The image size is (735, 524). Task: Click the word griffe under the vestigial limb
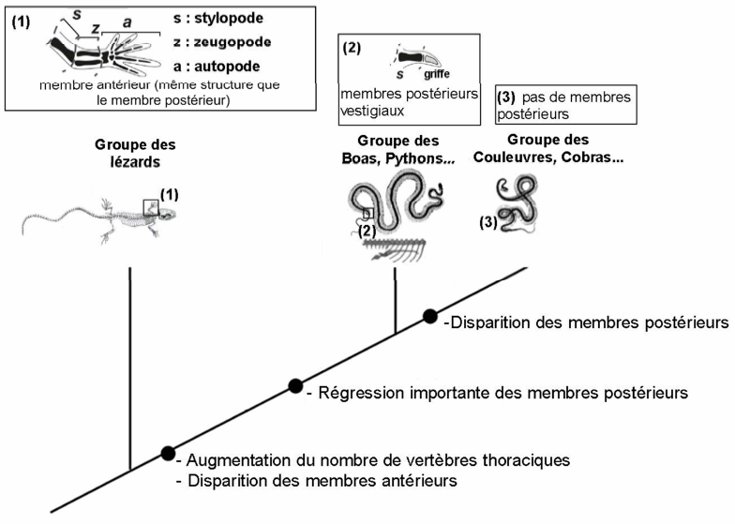[437, 74]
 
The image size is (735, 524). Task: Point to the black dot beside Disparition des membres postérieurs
[429, 317]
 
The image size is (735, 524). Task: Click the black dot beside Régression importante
[295, 386]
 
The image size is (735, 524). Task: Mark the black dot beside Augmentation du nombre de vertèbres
[168, 453]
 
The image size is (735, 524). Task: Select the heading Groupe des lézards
[135, 154]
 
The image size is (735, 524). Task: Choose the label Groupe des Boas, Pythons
[397, 150]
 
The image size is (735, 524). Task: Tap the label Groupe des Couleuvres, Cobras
[548, 148]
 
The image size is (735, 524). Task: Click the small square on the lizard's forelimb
[151, 207]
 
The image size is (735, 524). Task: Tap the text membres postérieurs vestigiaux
[409, 102]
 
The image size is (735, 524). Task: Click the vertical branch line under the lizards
[129, 368]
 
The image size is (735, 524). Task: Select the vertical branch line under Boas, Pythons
[396, 300]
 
